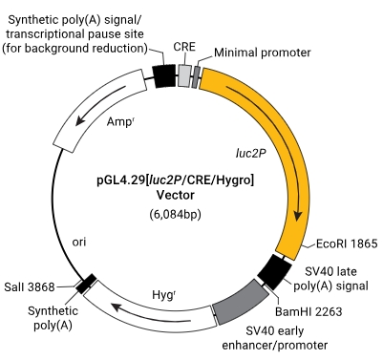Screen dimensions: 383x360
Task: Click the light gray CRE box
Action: click(184, 75)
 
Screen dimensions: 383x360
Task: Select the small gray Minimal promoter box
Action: click(196, 76)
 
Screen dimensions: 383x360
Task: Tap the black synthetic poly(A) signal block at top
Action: click(164, 75)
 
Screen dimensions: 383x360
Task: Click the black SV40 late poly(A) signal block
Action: click(274, 271)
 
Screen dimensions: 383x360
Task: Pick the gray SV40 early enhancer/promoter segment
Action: click(241, 303)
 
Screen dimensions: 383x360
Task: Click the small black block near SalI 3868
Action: click(86, 284)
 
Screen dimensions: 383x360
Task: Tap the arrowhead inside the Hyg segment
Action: click(117, 307)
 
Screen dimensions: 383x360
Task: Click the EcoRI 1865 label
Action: click(347, 244)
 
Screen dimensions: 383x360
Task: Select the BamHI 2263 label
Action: click(309, 311)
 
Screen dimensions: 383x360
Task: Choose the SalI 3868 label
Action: click(30, 287)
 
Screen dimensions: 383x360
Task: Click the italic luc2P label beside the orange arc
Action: click(251, 154)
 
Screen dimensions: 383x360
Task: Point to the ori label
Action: click(79, 243)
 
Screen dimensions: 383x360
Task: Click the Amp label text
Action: click(119, 121)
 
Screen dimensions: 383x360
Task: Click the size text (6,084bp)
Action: click(176, 215)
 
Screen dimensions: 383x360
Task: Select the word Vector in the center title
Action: click(176, 195)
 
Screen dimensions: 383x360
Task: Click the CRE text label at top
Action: click(184, 47)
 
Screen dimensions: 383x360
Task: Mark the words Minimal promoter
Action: click(263, 53)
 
